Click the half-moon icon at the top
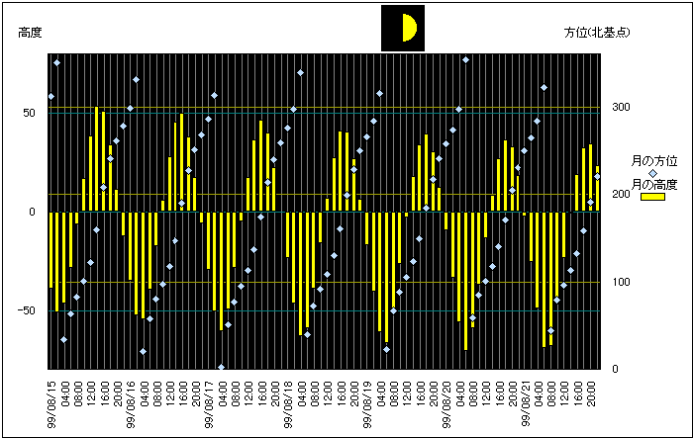(403, 28)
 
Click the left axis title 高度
(31, 33)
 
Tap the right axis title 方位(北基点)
(598, 33)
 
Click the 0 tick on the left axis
(33, 212)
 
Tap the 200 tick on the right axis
(621, 195)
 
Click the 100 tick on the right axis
(621, 283)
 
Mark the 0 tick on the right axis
(616, 370)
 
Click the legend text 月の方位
(654, 160)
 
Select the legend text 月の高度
(654, 184)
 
